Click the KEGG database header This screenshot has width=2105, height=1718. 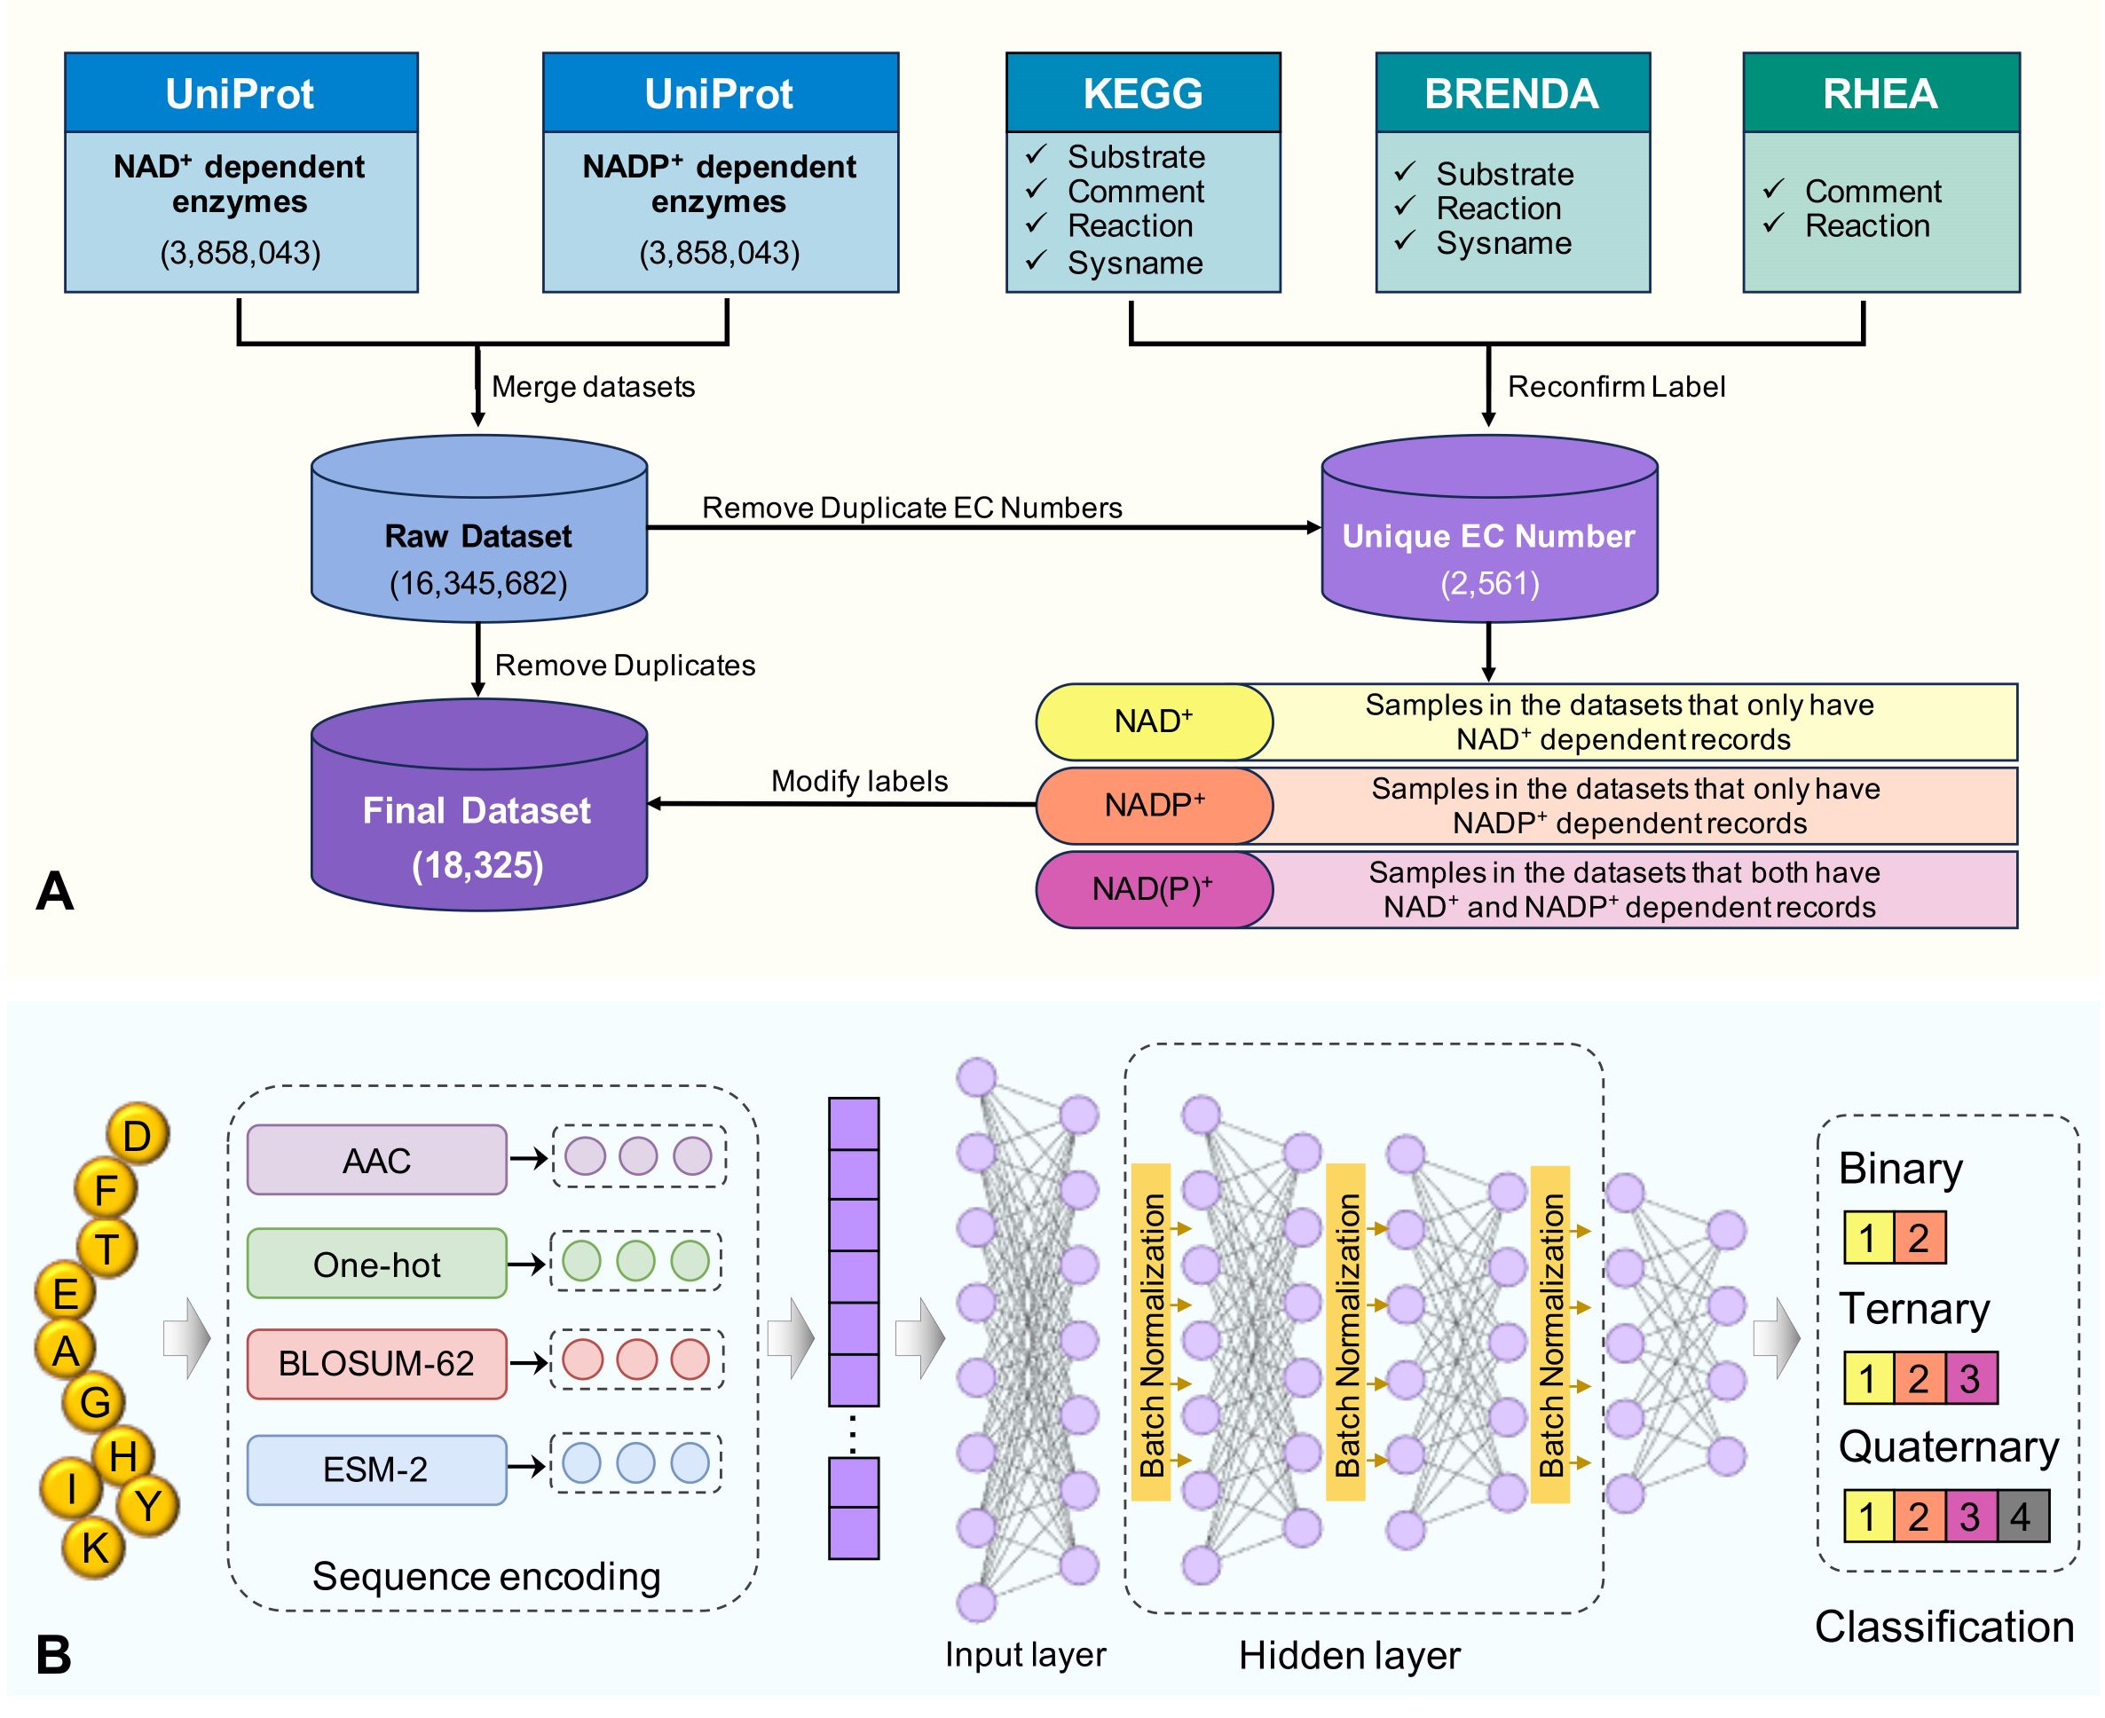coord(1143,93)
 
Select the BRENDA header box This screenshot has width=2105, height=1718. coord(1512,93)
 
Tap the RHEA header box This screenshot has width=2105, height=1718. coord(1880,93)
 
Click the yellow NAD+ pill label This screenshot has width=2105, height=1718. coord(1154,721)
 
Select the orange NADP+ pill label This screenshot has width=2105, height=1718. coord(1154,806)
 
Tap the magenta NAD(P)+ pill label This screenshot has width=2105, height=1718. coord(1154,888)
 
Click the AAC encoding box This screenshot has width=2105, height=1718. coord(377,1160)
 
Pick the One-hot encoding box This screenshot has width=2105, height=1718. coord(377,1264)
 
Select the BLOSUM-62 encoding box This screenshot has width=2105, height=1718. coord(377,1364)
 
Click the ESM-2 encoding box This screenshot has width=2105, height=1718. coord(377,1470)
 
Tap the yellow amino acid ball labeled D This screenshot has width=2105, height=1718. coord(138,1136)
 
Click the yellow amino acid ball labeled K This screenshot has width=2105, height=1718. coord(94,1548)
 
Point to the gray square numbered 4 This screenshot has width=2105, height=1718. coord(2020,1516)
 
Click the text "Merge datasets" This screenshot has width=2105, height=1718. coord(593,387)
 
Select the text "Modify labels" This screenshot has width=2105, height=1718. coord(859,782)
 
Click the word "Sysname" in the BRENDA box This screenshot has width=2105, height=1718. coord(1503,243)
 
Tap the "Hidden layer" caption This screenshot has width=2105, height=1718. coord(1349,1656)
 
